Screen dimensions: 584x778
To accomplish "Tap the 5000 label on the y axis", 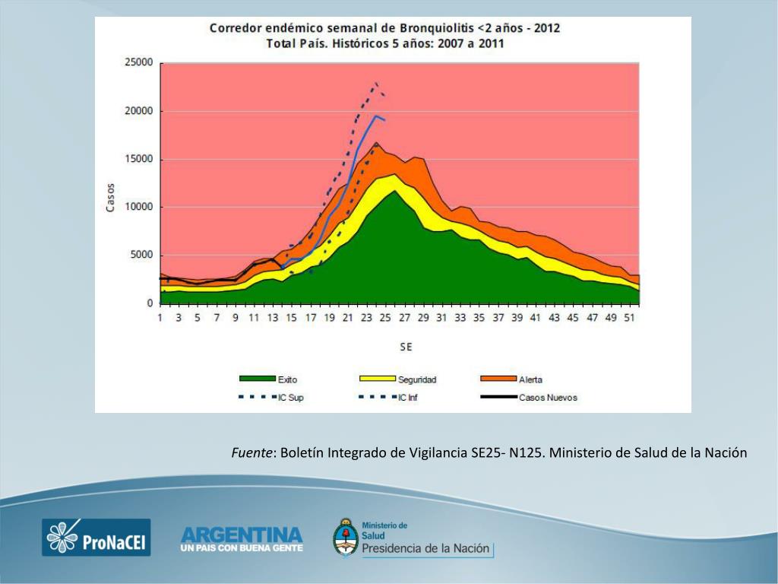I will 141,255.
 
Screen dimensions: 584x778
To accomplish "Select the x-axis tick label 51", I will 629,318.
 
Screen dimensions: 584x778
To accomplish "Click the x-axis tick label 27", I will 405,318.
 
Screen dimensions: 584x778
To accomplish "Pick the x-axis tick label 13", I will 273,318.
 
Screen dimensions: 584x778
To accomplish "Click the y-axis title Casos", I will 110,198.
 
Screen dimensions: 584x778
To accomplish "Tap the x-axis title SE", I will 406,347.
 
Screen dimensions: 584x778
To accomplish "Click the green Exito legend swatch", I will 257,379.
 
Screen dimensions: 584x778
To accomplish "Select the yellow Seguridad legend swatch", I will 377,379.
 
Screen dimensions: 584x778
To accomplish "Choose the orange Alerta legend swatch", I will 498,379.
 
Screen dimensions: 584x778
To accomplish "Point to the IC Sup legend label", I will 291,398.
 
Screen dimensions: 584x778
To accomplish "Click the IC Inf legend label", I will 408,398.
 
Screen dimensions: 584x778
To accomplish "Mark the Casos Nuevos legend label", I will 548,398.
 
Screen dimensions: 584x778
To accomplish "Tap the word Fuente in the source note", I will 252,453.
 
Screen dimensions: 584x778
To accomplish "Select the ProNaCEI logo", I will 96,537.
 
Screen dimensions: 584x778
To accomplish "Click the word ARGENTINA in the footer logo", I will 242,534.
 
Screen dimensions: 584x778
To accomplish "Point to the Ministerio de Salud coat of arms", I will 346,537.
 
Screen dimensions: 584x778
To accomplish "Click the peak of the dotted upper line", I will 376,83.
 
